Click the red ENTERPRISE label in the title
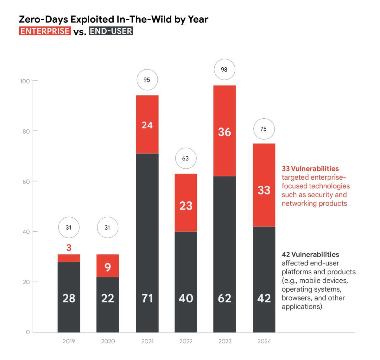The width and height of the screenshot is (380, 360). tap(45, 31)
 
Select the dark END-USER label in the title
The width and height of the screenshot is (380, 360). tap(111, 31)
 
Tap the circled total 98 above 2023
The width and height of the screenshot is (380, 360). tap(224, 70)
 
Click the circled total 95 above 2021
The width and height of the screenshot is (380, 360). tap(147, 80)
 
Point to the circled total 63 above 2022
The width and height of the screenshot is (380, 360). tap(186, 158)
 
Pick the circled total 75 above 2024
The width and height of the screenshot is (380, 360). tap(263, 129)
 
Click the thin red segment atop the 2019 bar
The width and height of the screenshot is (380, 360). tap(69, 258)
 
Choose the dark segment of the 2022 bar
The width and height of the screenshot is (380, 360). tap(186, 282)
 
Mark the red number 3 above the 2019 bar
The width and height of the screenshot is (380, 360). tap(69, 248)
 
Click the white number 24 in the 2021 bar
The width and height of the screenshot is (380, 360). tap(147, 125)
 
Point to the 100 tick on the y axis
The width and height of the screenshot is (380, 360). tap(25, 81)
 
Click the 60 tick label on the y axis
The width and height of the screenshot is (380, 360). tap(26, 182)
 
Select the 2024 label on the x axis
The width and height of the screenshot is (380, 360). tap(264, 341)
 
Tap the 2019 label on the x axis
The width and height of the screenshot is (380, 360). tap(69, 341)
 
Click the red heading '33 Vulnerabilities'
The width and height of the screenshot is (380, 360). tap(310, 169)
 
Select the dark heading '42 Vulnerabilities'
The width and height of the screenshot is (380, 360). tap(310, 254)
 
